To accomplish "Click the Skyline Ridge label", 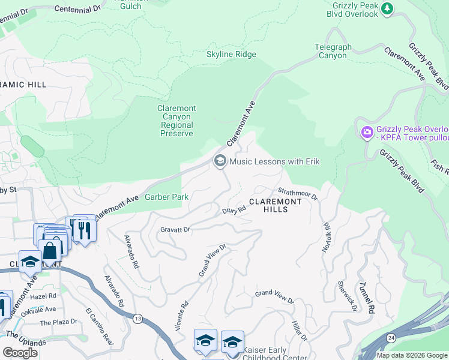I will (x=231, y=55).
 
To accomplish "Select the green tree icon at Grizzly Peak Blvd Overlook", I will (x=388, y=8).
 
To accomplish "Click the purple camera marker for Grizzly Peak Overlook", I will (x=367, y=131).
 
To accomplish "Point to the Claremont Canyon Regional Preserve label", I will (x=177, y=121).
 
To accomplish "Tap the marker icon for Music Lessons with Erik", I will (x=220, y=161).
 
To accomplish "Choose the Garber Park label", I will (x=167, y=197).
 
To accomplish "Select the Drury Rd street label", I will (x=234, y=211).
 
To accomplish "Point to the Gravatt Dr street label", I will (x=175, y=229).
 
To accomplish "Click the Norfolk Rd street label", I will (x=327, y=238).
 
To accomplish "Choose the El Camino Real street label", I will (x=99, y=325).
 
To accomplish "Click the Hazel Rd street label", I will (x=44, y=296).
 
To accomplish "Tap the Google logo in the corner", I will (x=20, y=352).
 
